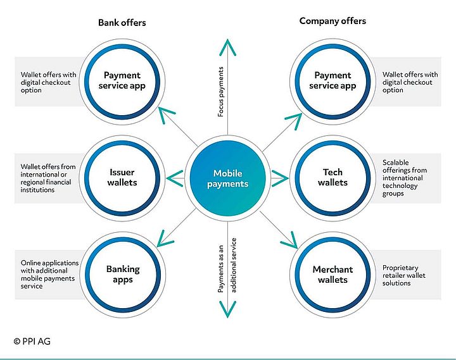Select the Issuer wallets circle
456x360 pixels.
[x=122, y=178]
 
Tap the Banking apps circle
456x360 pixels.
[x=122, y=273]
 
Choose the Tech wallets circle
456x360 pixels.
[x=332, y=178]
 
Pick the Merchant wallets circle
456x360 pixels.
[x=332, y=274]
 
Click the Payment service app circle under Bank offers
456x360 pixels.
[x=122, y=81]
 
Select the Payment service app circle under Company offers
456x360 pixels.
[x=332, y=81]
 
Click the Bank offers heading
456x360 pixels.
[x=122, y=23]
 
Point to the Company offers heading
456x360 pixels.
[x=332, y=21]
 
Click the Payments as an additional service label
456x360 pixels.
[x=225, y=266]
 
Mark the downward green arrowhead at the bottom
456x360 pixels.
[x=227, y=309]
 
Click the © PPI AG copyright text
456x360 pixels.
[x=32, y=341]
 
